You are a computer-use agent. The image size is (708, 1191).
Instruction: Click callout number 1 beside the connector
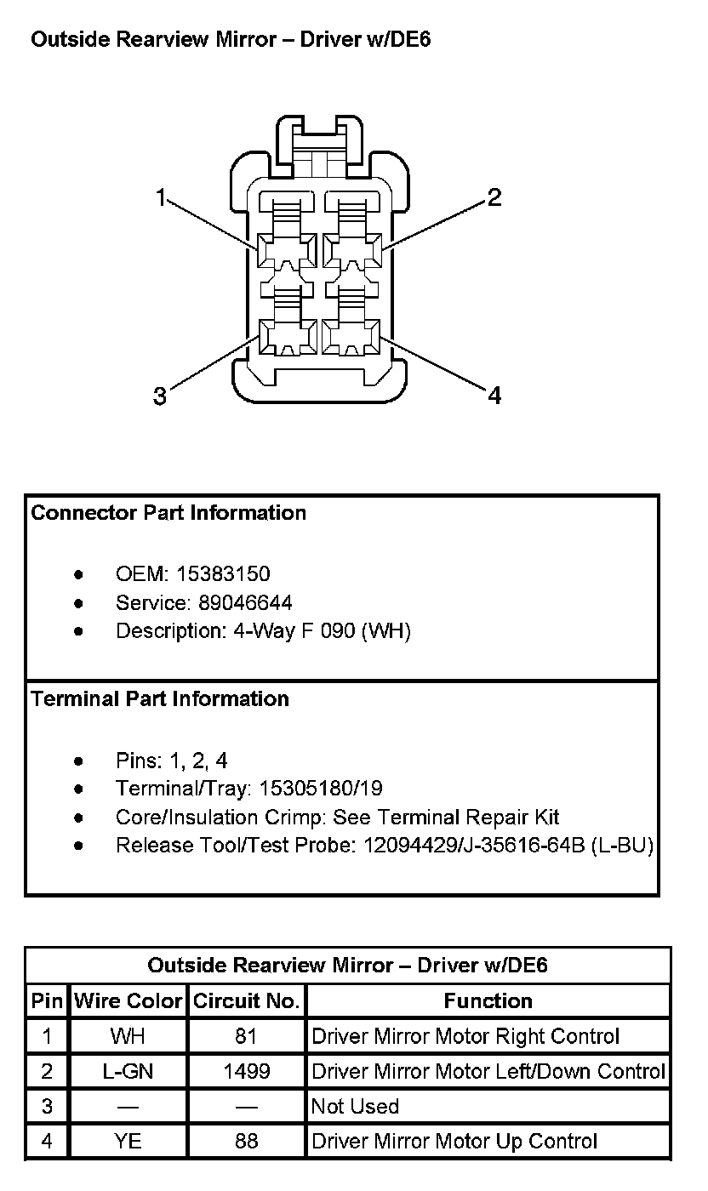point(160,198)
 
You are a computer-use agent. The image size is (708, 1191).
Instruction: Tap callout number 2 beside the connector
point(494,198)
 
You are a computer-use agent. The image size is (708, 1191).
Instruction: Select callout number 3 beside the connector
point(160,396)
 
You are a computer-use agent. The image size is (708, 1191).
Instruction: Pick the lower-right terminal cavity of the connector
point(351,337)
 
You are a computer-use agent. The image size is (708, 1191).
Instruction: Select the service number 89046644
point(245,603)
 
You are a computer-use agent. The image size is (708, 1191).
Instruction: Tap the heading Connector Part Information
point(168,513)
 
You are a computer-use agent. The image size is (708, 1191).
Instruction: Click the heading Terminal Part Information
point(160,699)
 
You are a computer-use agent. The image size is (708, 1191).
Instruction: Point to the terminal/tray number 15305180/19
point(321,789)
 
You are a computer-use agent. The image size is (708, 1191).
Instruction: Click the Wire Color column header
point(128,1001)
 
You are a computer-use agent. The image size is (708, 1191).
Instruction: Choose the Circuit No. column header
point(247,1001)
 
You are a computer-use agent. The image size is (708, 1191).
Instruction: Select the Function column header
point(488,1001)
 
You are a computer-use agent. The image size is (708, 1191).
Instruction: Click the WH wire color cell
point(128,1036)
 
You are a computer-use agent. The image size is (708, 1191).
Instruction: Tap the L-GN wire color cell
point(128,1072)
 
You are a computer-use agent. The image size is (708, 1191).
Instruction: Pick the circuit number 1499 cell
point(246,1072)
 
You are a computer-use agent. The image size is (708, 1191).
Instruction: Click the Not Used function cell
point(355,1107)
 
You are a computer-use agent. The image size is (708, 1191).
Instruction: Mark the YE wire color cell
point(128,1142)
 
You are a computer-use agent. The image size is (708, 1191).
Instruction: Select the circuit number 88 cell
point(246,1142)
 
